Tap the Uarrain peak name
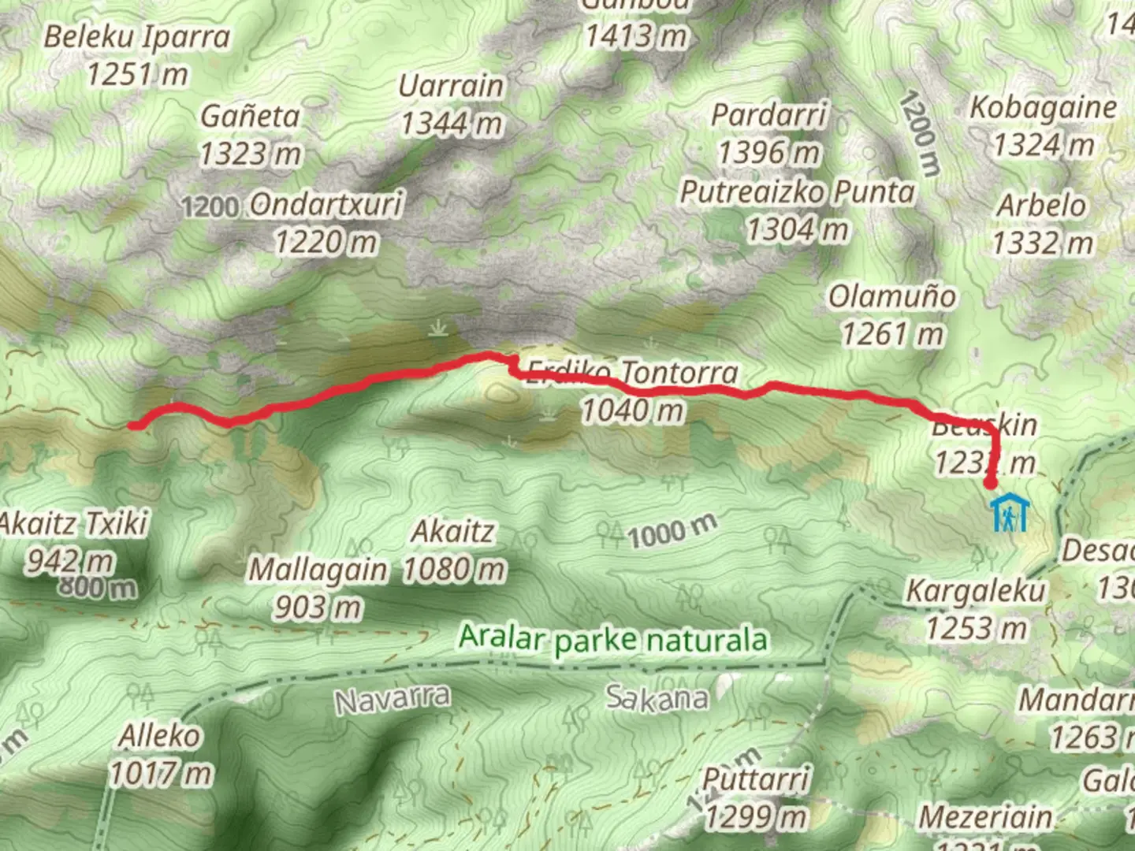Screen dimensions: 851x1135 pos(450,85)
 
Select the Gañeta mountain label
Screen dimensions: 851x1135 pos(250,117)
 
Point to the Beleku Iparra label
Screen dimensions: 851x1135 pos(136,37)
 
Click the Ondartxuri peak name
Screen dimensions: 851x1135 pos(326,205)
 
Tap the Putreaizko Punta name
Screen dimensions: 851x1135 pos(797,191)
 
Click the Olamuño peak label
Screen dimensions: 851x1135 pos(891,297)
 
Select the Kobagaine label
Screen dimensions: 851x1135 pos(1042,108)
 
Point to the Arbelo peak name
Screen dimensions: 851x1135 pos(1041,206)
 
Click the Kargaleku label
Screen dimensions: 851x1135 pos(976,590)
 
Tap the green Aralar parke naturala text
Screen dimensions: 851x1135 pos(613,637)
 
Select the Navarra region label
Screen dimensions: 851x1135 pos(393,698)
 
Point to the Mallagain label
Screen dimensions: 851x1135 pos(318,570)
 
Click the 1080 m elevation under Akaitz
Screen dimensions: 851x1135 pos(453,569)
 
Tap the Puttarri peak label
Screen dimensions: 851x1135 pos(756,779)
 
